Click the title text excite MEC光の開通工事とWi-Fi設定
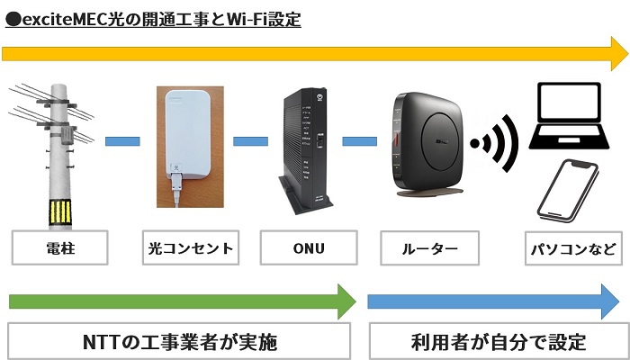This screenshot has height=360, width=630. coord(153,17)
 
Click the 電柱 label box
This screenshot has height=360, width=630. coord(59,247)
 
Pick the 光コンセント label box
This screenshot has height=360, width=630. coord(188,247)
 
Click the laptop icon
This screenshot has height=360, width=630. coord(571,117)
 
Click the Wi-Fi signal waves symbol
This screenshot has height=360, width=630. coord(496,144)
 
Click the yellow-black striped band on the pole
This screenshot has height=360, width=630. coord(61,212)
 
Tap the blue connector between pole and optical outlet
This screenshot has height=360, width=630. coord(122,140)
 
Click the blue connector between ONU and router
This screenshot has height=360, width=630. coord(359,140)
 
